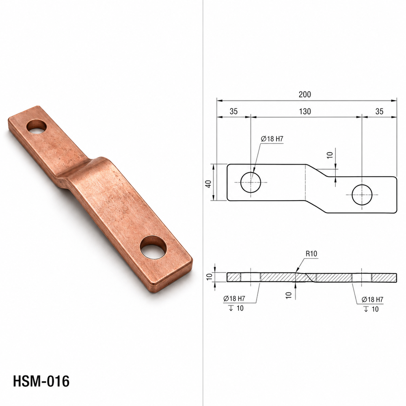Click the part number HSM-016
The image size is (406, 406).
(41, 381)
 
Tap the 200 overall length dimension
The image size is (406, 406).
(305, 95)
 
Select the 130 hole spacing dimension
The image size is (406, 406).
(305, 112)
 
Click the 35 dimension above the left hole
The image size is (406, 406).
(233, 112)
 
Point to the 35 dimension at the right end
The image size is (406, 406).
(379, 112)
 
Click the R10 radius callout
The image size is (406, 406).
(311, 254)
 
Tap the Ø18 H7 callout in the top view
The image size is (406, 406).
(272, 139)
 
